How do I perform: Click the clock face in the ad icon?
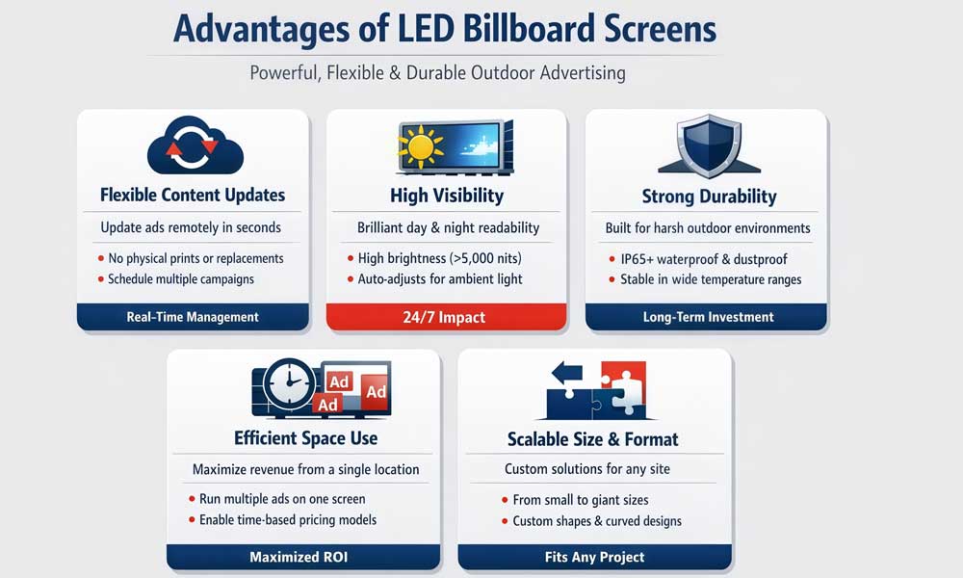pyautogui.click(x=286, y=389)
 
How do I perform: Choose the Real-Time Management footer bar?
pyautogui.click(x=193, y=317)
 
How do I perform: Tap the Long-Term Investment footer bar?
pyautogui.click(x=708, y=317)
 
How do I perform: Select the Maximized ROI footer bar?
pyautogui.click(x=303, y=557)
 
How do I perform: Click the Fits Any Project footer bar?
pyautogui.click(x=593, y=557)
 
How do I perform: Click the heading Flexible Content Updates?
pyautogui.click(x=193, y=195)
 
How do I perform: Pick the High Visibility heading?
pyautogui.click(x=447, y=196)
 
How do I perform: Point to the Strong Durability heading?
pyautogui.click(x=709, y=197)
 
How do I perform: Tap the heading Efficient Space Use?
pyautogui.click(x=305, y=438)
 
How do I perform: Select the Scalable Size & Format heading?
pyautogui.click(x=593, y=439)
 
